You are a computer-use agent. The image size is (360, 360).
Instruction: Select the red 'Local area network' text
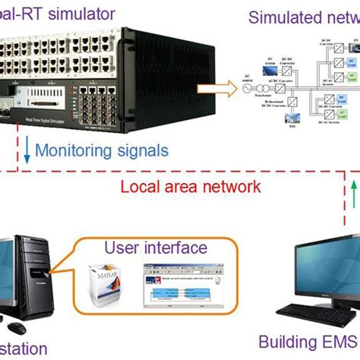pyautogui.click(x=201, y=186)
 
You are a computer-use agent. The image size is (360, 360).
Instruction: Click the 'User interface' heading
pyautogui.click(x=155, y=247)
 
